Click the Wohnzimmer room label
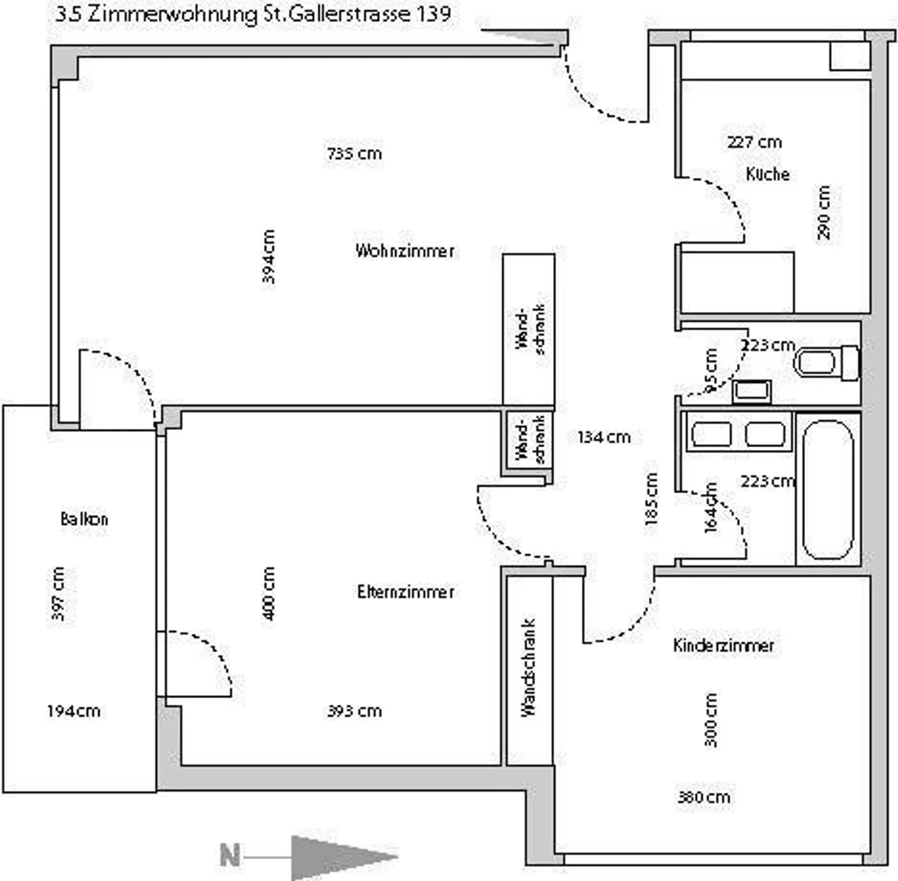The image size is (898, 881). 405,251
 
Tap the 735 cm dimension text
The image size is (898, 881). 354,153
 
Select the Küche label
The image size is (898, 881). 768,173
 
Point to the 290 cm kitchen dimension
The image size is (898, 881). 824,212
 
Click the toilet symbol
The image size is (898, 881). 826,363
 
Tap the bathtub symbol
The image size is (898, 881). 828,490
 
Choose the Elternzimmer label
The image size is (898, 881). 405,591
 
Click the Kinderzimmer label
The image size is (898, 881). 723,645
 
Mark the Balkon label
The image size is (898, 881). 84,518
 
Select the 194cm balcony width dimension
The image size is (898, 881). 74,711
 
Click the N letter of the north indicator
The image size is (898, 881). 229,855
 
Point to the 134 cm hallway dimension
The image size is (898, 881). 604,437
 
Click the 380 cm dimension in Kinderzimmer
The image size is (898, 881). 703,797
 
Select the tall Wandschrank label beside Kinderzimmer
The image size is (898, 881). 528,668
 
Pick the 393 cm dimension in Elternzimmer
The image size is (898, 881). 354,711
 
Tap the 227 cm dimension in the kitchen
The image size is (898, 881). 754,142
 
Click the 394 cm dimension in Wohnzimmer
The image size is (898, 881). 268,256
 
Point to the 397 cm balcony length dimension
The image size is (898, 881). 57,594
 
